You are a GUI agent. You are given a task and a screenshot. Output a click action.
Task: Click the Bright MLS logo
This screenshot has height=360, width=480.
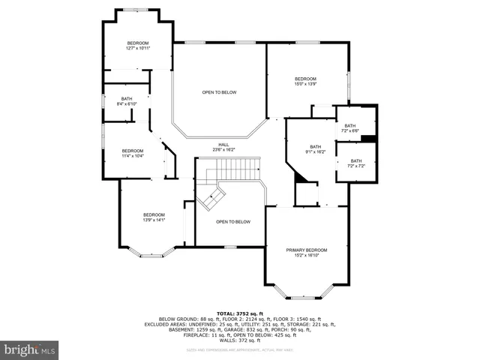click(30, 349)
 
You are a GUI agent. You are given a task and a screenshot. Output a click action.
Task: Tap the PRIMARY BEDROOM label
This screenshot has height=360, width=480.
click(306, 250)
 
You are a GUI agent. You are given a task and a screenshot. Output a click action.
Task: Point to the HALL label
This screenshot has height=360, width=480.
click(223, 145)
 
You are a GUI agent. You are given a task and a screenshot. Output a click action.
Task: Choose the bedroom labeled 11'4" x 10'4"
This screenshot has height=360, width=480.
click(133, 153)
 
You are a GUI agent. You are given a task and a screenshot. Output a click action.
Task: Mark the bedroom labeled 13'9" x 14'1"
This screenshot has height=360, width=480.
click(154, 217)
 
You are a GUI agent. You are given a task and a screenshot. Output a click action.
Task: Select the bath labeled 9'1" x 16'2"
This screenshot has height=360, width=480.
click(315, 149)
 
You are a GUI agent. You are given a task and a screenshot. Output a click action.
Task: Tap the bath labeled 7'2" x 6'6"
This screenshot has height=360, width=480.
click(351, 128)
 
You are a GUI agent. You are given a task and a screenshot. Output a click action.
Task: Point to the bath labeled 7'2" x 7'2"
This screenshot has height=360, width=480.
click(355, 163)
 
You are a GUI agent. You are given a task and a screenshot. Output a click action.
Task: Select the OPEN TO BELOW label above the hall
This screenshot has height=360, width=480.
click(219, 92)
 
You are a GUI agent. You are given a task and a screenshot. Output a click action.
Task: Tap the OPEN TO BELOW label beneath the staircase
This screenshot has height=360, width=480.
click(232, 222)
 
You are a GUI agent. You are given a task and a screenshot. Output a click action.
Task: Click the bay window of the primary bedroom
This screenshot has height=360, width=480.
click(306, 295)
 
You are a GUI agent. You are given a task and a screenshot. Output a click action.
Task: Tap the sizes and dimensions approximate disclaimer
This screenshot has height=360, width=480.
click(238, 349)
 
